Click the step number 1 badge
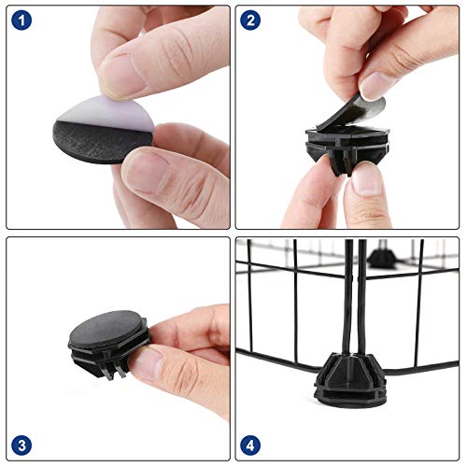(21, 21)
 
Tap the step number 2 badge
(250, 21)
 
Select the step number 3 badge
(21, 446)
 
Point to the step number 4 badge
(250, 446)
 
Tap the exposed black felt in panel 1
(93, 143)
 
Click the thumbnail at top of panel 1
(121, 77)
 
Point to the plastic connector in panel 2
(347, 147)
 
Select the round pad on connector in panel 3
(106, 330)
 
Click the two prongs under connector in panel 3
(116, 372)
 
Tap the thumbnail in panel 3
(147, 363)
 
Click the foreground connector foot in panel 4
(348, 380)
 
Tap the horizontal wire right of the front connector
(421, 367)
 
